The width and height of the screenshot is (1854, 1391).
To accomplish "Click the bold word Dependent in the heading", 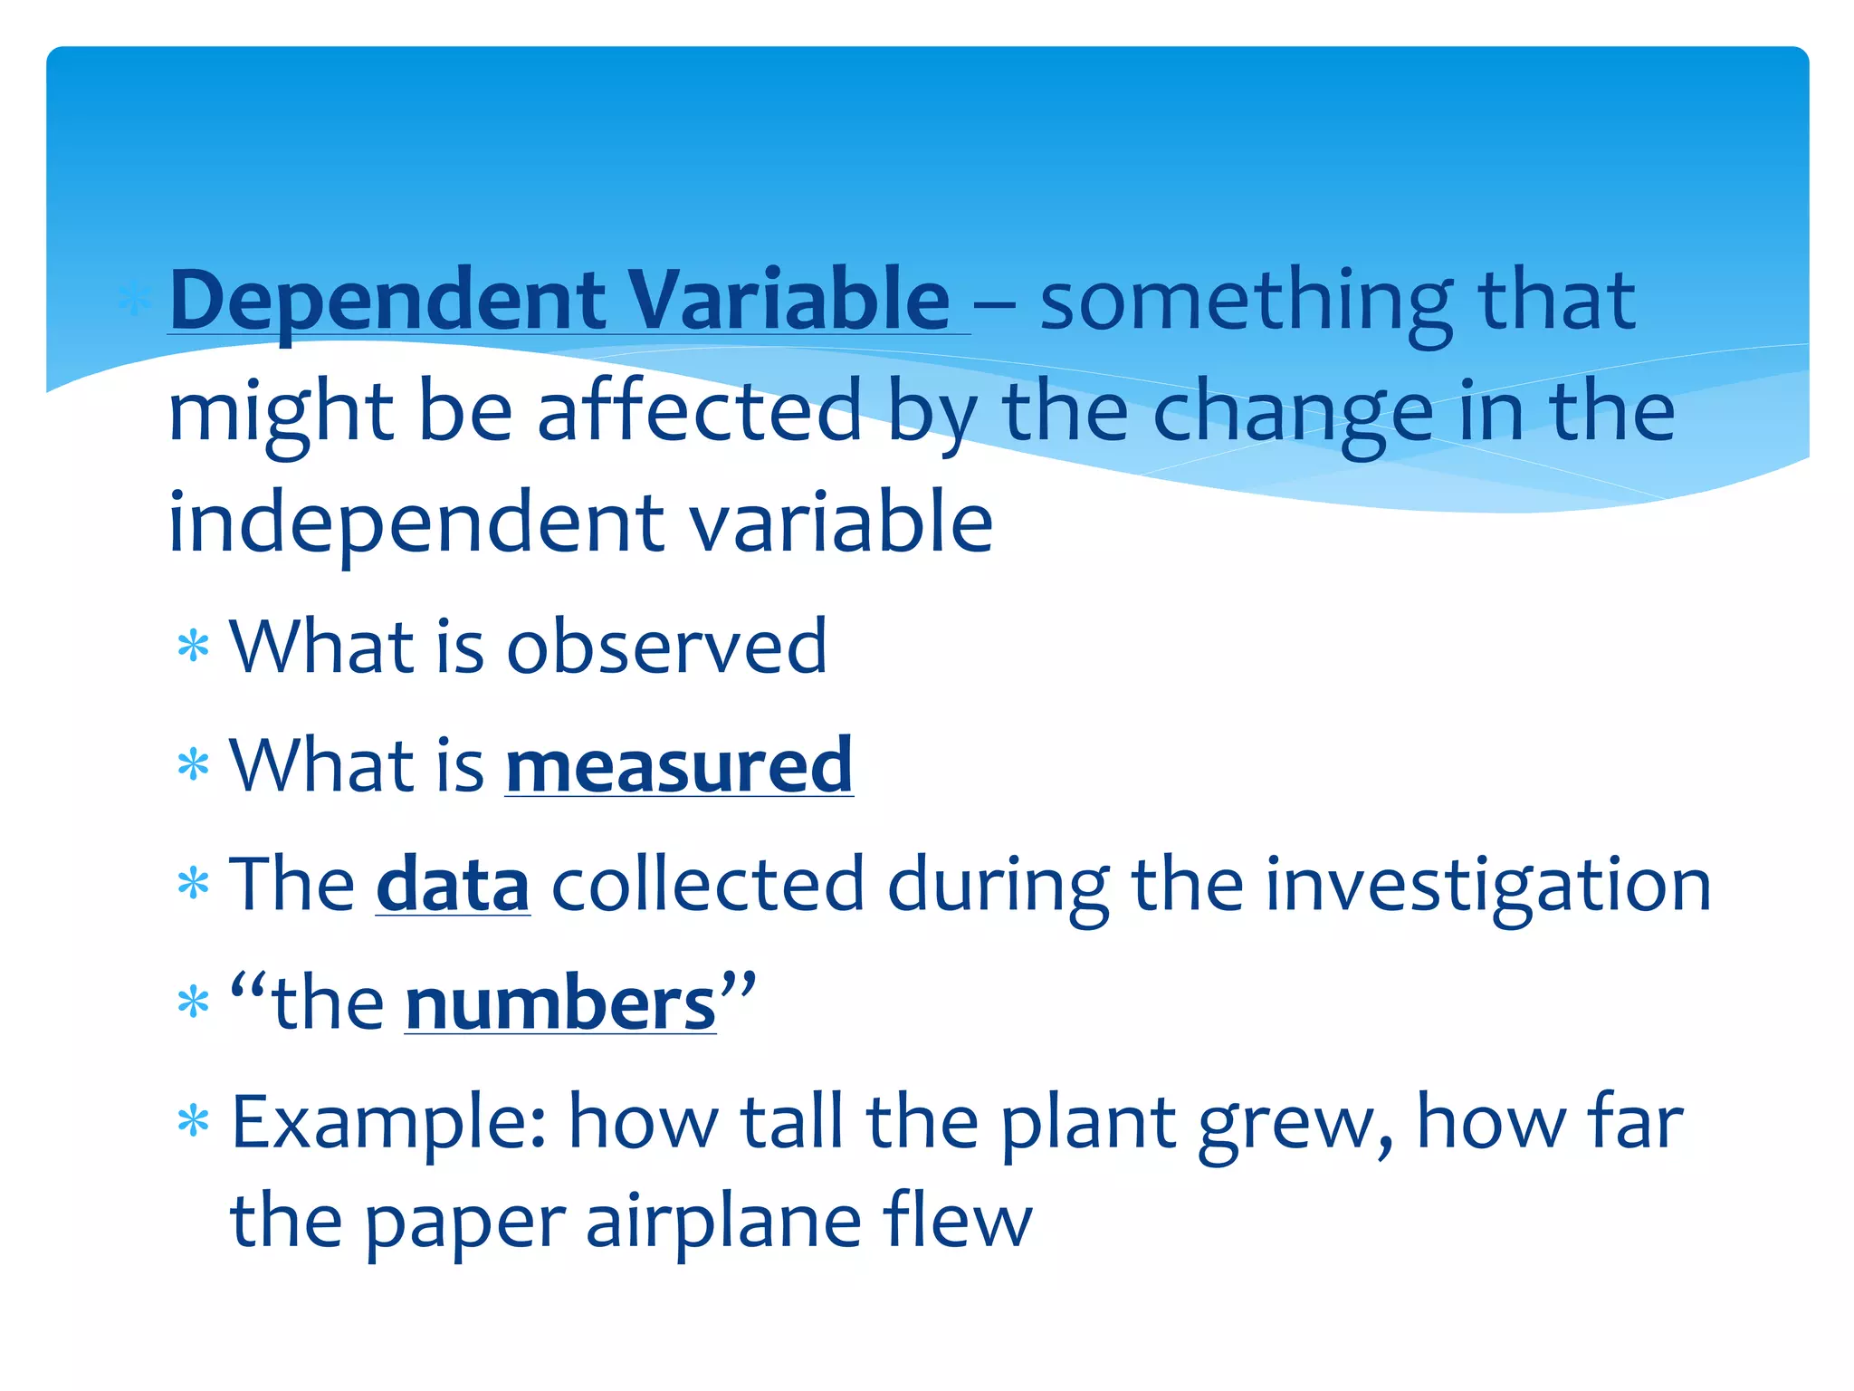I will click(387, 302).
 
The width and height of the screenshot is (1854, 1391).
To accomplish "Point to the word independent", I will click(417, 523).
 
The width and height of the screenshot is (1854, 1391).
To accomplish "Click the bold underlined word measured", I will click(679, 766).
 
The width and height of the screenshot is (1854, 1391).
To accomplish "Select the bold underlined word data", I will click(453, 885).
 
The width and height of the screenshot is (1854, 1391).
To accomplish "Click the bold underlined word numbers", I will click(560, 1004).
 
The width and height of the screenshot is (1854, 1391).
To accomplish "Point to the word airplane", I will click(723, 1223).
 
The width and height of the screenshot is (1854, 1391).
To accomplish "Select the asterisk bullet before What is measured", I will click(194, 767).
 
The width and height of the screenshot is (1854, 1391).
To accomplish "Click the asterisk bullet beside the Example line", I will click(194, 1124).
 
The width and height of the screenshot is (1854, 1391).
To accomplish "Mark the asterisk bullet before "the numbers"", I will click(194, 1004).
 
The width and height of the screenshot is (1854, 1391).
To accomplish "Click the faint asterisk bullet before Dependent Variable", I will click(133, 302).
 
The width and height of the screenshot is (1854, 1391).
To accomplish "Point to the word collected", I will click(708, 885).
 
